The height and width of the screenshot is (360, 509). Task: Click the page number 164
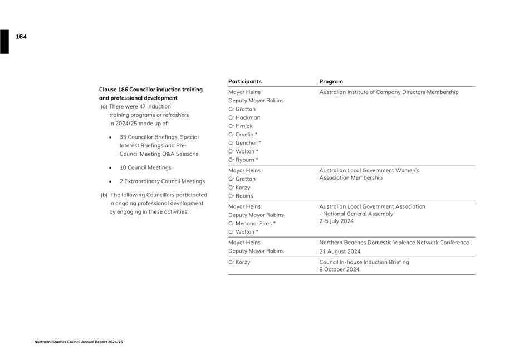pos(21,37)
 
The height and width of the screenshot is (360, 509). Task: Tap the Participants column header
pos(244,82)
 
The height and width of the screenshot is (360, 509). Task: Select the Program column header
pos(331,82)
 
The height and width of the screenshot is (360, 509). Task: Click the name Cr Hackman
pos(244,118)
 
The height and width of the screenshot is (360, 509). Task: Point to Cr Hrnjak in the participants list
pos(241,126)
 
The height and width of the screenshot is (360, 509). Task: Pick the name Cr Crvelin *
pos(243,135)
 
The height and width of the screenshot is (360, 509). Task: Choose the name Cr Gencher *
pos(244,143)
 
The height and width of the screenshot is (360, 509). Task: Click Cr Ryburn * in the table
pos(243,160)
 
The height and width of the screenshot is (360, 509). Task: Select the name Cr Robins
pos(241,196)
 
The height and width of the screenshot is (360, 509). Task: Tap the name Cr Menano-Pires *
pos(252,224)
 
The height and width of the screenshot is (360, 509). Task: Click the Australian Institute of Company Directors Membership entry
pos(389,92)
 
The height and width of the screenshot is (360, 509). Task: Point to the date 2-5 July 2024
pos(336,221)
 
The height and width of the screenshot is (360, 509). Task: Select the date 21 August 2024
pos(340,251)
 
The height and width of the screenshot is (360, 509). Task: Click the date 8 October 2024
pos(339,270)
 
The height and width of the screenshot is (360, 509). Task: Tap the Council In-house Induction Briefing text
pos(364,262)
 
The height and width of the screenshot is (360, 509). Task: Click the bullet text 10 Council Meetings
pos(145,167)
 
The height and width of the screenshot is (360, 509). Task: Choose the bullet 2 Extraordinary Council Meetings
pos(162,181)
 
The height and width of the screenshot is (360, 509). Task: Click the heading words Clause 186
pos(114,90)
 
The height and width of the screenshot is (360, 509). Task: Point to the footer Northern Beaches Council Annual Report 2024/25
pos(79,342)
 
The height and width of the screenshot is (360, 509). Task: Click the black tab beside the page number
pos(4,42)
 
